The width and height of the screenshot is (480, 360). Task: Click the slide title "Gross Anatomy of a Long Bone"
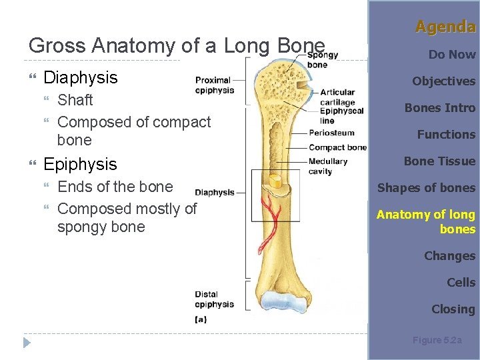[177, 45]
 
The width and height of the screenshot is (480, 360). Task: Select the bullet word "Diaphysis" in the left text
[80, 77]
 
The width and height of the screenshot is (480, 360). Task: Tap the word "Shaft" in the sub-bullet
[75, 100]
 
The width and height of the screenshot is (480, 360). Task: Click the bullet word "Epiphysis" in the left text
[80, 164]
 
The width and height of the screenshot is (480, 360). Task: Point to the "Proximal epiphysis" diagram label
[214, 85]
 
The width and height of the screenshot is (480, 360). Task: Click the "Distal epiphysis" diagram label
[214, 299]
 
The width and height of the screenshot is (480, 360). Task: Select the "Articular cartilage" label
[337, 97]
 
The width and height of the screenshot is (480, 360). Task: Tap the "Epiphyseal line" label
[341, 116]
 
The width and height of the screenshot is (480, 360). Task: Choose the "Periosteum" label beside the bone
[331, 133]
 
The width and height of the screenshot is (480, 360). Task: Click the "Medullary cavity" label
[328, 166]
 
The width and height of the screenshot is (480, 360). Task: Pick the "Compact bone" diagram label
[337, 147]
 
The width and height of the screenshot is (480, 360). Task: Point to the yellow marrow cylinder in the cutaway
[275, 181]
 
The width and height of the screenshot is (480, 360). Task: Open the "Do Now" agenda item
[452, 55]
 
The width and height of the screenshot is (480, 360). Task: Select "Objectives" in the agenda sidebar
[443, 81]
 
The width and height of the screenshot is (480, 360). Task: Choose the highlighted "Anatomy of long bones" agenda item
[426, 221]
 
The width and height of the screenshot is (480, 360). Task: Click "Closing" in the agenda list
[453, 309]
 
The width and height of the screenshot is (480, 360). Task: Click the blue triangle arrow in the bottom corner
[27, 343]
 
